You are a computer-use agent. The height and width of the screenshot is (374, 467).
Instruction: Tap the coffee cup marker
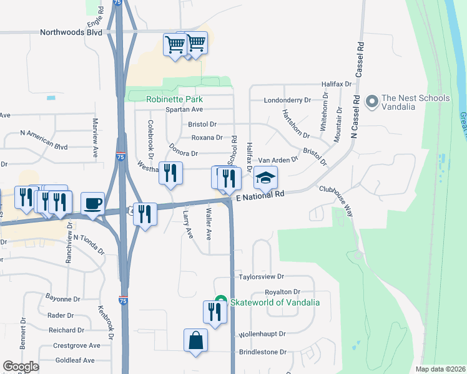[93, 203]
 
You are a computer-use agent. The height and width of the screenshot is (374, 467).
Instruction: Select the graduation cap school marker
[265, 178]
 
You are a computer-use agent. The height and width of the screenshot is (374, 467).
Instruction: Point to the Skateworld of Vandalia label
[275, 302]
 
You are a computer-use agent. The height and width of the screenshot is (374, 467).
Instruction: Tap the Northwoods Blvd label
[71, 32]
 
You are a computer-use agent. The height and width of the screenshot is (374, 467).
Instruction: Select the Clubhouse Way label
[337, 200]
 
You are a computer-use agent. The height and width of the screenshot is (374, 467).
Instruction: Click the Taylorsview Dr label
[262, 276]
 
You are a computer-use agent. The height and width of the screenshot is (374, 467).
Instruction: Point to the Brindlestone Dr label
[262, 352]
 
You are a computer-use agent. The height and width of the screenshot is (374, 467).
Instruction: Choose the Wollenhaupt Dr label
[262, 334]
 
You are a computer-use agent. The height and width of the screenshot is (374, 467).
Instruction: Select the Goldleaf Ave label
[74, 360]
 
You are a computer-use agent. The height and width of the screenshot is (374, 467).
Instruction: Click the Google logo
[21, 366]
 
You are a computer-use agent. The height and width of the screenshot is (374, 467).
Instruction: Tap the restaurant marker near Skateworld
[215, 312]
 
